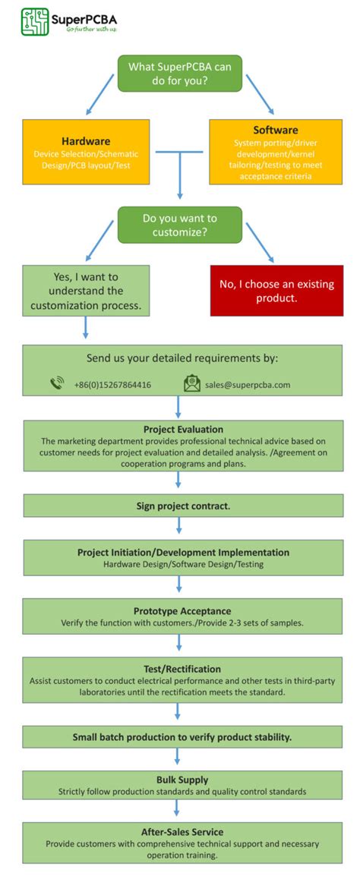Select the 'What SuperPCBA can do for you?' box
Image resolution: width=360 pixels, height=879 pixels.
click(179, 74)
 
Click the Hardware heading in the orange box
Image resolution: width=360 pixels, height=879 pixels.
click(85, 140)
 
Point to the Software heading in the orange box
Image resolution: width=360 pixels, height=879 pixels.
click(275, 130)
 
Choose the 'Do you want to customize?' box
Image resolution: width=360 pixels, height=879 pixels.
click(179, 225)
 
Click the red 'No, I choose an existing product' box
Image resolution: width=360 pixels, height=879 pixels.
click(276, 290)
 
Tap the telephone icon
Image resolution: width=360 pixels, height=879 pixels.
click(57, 383)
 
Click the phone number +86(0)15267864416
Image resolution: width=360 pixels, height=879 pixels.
click(112, 385)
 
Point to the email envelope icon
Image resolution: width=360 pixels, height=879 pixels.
click(192, 384)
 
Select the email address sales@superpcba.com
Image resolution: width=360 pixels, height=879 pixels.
click(248, 385)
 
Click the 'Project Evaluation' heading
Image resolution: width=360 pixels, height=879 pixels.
click(183, 429)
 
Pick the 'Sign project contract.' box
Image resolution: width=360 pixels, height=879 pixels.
click(183, 505)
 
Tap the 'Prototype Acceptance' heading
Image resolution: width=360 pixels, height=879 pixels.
click(182, 610)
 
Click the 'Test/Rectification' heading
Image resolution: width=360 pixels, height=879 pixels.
click(182, 669)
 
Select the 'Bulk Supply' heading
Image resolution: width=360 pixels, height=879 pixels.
click(182, 780)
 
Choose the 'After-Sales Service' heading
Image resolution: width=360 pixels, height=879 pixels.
click(182, 832)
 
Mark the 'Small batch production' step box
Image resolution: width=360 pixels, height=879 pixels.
click(182, 736)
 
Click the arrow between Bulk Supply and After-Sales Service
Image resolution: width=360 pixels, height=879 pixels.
click(177, 808)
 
